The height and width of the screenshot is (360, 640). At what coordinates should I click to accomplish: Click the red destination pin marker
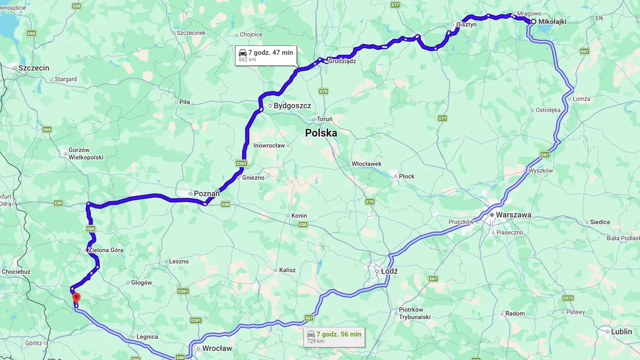click(x=76, y=297)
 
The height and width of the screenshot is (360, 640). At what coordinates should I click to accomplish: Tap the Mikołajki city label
click(x=553, y=21)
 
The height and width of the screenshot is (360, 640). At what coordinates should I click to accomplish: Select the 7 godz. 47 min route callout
click(x=266, y=55)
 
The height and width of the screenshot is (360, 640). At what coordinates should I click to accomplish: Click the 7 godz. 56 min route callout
click(x=334, y=337)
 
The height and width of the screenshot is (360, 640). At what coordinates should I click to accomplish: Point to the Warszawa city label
click(x=513, y=215)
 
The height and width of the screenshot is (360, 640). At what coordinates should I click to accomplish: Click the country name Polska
click(x=321, y=133)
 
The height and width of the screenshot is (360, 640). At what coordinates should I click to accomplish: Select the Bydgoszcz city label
click(x=292, y=106)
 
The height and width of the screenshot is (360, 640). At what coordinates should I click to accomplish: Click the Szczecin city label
click(x=34, y=68)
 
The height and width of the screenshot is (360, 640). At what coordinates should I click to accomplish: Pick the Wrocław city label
click(x=217, y=348)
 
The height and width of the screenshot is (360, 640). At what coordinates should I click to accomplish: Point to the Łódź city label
click(x=389, y=271)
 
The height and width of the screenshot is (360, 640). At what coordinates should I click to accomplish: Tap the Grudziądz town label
click(x=342, y=61)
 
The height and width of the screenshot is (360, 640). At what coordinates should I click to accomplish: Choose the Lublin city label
click(x=621, y=331)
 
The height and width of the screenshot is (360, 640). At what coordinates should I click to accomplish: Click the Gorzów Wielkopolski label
click(x=86, y=154)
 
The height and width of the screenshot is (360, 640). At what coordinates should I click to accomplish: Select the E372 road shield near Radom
click(x=568, y=298)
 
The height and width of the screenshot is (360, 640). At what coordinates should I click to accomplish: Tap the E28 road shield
click(x=77, y=5)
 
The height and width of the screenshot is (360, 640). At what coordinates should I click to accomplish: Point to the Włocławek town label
click(x=366, y=164)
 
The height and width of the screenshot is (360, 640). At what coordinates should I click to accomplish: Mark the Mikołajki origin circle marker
click(x=533, y=21)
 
